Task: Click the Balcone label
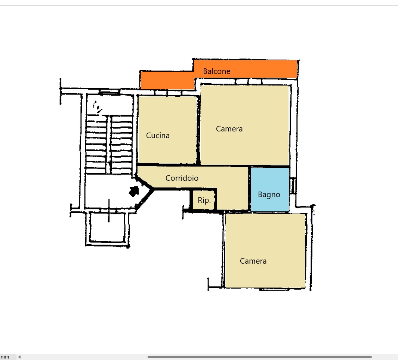[216, 71]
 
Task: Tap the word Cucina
[158, 136]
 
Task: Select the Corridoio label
[182, 178]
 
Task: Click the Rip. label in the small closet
[204, 200]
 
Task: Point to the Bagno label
[269, 195]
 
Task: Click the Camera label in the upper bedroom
[229, 129]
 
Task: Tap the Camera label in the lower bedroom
[253, 261]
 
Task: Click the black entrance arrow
[134, 191]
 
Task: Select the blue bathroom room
[270, 189]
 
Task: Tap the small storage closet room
[204, 200]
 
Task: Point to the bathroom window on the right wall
[293, 186]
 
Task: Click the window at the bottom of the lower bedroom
[274, 289]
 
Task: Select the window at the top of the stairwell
[109, 91]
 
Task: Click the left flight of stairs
[96, 145]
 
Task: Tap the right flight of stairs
[122, 145]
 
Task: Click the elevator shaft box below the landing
[107, 227]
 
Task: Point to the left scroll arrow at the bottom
[19, 357]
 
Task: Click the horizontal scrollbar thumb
[260, 357]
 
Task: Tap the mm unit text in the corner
[5, 357]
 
